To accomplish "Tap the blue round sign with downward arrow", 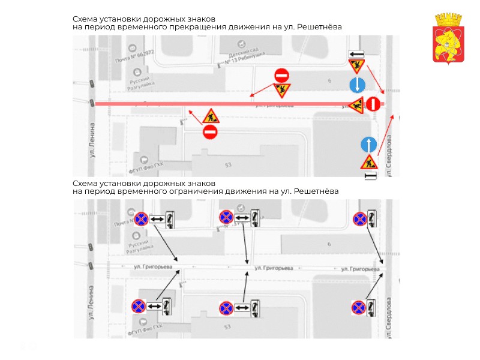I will coord(357,85).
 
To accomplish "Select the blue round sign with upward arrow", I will coord(368,145).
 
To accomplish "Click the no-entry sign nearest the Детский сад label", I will coord(281,76).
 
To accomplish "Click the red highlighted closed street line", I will coord(240,104).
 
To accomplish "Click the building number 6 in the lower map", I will coord(329,244).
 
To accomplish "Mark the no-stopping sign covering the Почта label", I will coord(140,220).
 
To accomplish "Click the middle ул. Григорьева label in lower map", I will coord(274,268).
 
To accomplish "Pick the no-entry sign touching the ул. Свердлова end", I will coord(373,104).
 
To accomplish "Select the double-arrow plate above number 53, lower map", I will coord(242,308).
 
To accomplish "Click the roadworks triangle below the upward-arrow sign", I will coord(368,162).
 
